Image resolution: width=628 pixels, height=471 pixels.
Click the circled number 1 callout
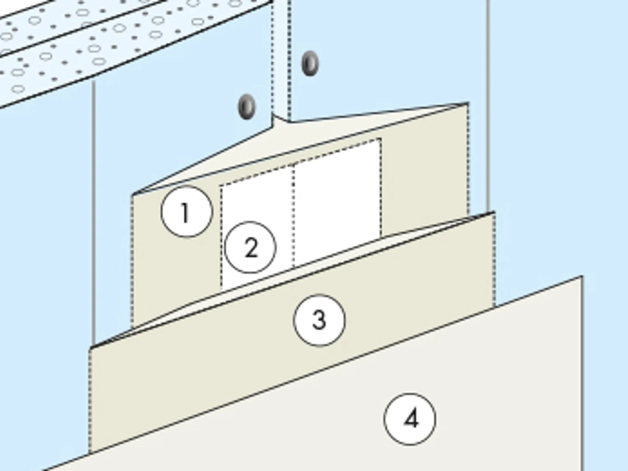pyautogui.click(x=187, y=212)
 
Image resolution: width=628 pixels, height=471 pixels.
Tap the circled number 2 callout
pyautogui.click(x=250, y=247)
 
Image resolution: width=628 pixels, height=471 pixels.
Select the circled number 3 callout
pyautogui.click(x=319, y=320)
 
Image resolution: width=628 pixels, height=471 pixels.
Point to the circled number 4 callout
pyautogui.click(x=410, y=419)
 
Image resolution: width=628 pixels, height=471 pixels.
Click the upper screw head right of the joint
pyautogui.click(x=310, y=63)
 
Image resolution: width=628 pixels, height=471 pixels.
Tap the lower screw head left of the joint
pyautogui.click(x=247, y=106)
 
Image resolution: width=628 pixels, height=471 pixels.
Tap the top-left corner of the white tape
pyautogui.click(x=221, y=186)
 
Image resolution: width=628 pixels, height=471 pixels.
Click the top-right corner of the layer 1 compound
pyautogui.click(x=468, y=102)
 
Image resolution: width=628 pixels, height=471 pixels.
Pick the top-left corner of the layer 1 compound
pyautogui.click(x=132, y=195)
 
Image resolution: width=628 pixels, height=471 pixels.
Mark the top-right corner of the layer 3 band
pyautogui.click(x=494, y=212)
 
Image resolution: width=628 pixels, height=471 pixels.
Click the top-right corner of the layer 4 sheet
pyautogui.click(x=581, y=277)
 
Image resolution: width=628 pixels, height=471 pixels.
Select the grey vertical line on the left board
pyautogui.click(x=94, y=213)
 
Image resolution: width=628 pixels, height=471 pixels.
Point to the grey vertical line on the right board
pyautogui.click(x=488, y=106)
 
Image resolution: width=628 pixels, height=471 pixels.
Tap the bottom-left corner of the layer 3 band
pyautogui.click(x=89, y=453)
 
